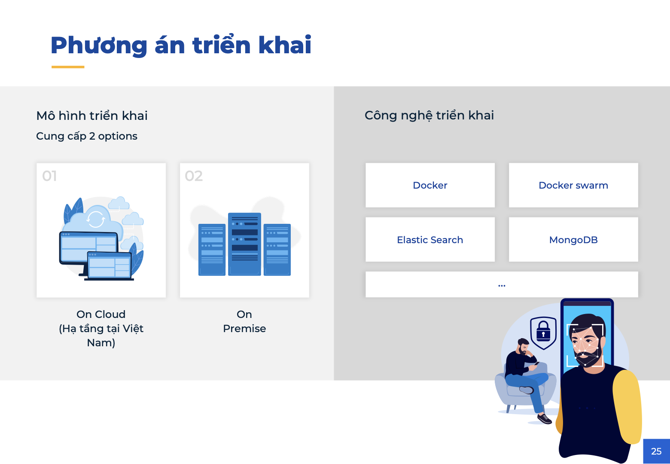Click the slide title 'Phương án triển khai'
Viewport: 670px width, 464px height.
181,45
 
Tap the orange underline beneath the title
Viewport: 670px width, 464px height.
68,67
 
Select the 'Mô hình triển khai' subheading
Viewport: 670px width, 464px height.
92,116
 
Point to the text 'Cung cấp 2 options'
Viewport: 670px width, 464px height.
87,136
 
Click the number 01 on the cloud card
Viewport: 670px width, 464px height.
49,176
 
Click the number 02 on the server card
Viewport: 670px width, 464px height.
194,176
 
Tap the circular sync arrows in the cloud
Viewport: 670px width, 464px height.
96,219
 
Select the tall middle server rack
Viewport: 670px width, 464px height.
244,244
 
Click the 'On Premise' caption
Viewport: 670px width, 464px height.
244,321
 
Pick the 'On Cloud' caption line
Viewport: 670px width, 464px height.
101,314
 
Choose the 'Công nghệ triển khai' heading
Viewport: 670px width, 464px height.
429,116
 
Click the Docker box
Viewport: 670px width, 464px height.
430,185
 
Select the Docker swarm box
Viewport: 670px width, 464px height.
573,185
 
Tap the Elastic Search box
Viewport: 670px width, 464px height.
430,240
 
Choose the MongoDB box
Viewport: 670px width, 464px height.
573,240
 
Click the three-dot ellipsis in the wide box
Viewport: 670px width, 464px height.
502,286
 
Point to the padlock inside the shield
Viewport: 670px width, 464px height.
543,331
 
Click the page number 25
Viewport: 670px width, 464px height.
656,451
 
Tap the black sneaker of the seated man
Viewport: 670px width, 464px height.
544,418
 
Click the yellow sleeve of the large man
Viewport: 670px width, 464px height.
627,407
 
